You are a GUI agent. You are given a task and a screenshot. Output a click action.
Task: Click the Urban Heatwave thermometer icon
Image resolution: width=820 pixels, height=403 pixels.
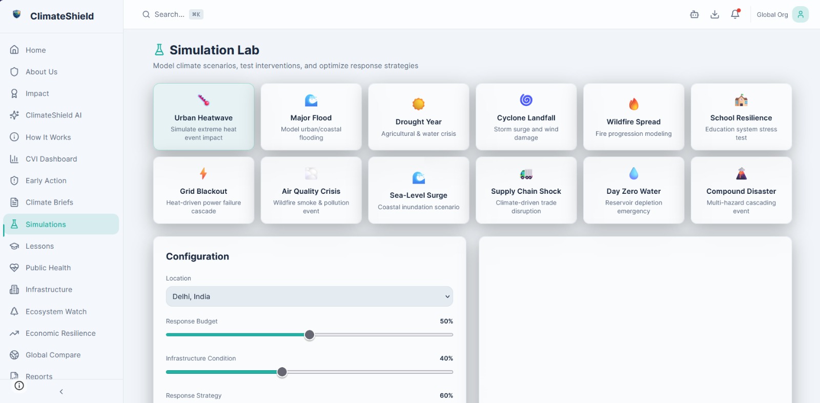point(203,100)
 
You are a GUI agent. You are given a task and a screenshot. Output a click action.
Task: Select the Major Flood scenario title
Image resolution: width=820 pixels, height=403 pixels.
point(311,117)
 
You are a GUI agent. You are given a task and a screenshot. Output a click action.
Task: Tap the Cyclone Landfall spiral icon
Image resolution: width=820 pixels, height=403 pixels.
point(526,99)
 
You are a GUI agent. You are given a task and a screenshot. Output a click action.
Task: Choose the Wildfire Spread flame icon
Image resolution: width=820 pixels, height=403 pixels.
point(633,104)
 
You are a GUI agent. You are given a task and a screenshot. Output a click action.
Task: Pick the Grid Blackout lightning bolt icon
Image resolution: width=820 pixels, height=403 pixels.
point(203,173)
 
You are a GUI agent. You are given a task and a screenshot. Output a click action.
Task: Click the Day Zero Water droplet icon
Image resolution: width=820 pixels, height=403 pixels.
point(633,173)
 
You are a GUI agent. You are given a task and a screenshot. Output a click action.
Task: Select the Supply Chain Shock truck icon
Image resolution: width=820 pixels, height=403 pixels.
point(526,174)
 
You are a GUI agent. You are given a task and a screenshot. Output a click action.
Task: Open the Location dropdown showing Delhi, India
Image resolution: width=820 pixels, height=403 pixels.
point(310,296)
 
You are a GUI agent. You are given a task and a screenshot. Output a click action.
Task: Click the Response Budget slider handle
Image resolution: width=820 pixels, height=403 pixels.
point(310,334)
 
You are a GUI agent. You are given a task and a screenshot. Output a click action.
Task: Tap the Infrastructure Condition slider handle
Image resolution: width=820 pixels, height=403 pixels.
point(282,372)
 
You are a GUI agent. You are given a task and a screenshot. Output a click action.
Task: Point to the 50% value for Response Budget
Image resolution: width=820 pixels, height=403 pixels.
point(446,321)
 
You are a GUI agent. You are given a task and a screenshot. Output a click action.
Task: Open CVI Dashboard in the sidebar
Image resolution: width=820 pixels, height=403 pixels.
point(51,159)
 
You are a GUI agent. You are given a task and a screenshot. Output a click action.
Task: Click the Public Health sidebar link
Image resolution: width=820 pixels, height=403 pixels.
point(48,268)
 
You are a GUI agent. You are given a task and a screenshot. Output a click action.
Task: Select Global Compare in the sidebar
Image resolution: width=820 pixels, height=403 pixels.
point(53,355)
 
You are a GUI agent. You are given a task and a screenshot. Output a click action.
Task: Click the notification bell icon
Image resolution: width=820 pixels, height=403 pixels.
point(735,14)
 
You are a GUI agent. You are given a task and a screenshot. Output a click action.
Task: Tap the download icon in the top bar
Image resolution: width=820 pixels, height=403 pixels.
point(714,14)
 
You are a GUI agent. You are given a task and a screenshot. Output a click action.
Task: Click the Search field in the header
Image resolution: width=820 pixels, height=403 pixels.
point(172,14)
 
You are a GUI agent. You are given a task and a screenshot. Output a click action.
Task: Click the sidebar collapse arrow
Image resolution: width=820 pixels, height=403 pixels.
point(61,392)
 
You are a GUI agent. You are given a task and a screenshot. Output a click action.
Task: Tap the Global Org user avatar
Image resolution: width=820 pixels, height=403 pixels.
point(800,14)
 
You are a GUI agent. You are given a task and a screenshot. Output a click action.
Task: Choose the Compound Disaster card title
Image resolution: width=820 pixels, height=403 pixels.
point(741,191)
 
